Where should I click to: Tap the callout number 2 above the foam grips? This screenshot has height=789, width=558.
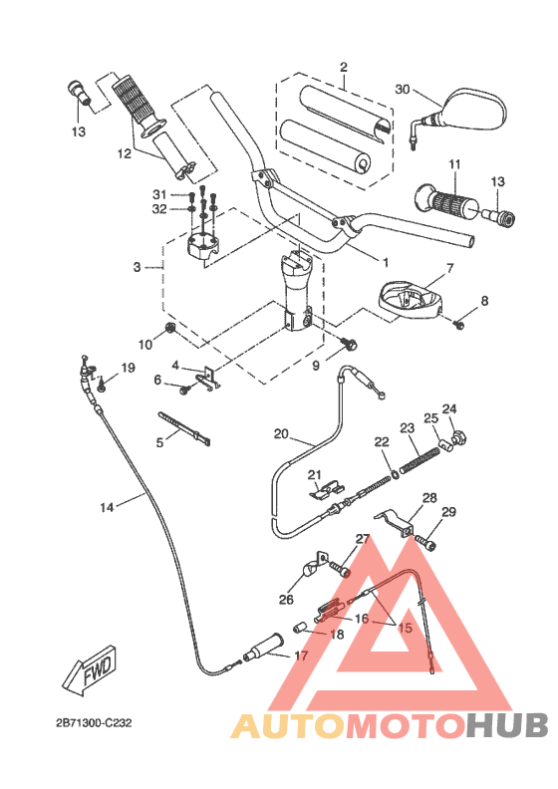click(342, 68)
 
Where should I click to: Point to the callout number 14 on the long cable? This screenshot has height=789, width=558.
click(108, 507)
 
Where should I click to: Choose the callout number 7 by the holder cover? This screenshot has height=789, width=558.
click(449, 268)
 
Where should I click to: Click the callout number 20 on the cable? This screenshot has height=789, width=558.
click(281, 433)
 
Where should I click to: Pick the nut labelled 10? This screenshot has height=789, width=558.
click(171, 329)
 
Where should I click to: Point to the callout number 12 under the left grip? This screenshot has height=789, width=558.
click(124, 154)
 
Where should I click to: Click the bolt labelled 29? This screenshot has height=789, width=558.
click(429, 544)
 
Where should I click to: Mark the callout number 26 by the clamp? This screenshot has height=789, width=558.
click(286, 600)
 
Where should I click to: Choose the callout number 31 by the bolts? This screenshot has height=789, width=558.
click(159, 193)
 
